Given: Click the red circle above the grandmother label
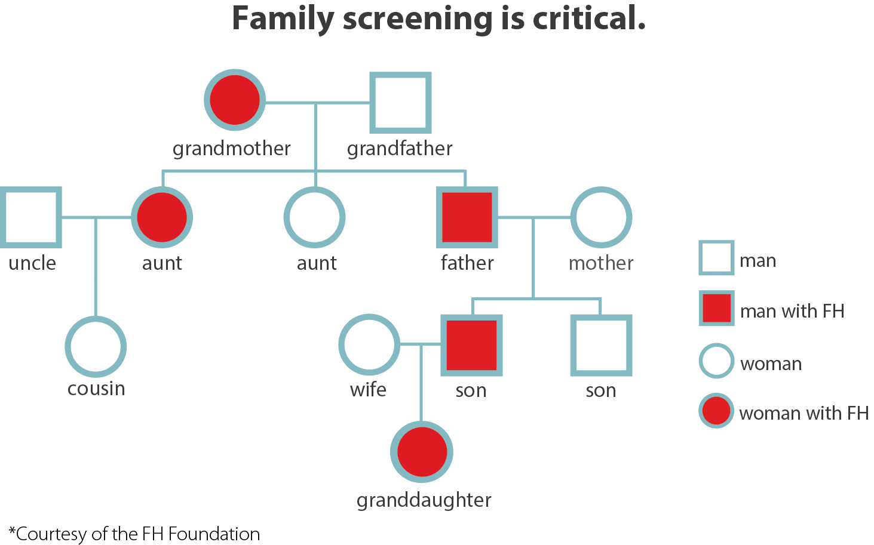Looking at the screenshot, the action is pos(235,100).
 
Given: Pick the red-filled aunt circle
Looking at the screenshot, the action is pos(162,217).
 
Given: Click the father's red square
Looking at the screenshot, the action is pos(467,217).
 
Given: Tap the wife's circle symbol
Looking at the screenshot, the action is pos(341,344).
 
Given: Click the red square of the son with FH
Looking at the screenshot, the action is pos(471,346).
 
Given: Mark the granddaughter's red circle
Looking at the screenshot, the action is pos(422,452).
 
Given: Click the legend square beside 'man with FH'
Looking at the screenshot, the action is pos(716,308).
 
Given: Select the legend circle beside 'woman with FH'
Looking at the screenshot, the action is pos(716,411).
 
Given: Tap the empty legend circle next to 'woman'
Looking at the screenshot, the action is pos(700,361).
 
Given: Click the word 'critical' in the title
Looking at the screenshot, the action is pos(589,18).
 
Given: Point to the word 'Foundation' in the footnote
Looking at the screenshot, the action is pos(214,534).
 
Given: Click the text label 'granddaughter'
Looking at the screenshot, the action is pos(424,501).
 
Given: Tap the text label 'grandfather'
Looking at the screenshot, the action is pos(400,149).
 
